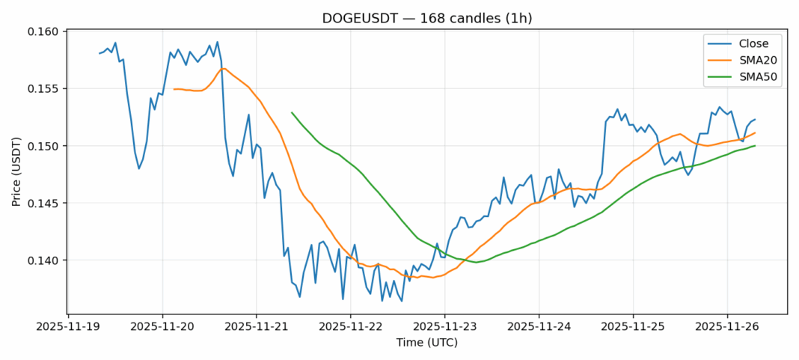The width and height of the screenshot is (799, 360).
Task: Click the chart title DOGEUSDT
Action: coord(426,18)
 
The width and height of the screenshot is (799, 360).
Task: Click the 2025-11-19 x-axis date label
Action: coord(67,326)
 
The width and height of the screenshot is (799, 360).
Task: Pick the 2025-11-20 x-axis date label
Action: coord(162,326)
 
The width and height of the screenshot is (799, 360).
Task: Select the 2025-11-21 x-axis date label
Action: coord(256,326)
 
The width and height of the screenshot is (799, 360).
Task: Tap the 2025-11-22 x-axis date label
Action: coord(350,326)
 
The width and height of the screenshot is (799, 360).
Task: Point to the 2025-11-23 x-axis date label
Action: coord(444,326)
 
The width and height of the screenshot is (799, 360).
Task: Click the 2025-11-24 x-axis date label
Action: coord(539,326)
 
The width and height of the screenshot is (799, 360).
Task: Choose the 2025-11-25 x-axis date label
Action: coord(633,326)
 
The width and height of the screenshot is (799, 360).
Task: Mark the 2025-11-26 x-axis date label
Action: coord(727,326)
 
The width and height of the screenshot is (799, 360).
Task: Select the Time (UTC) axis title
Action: coord(426,343)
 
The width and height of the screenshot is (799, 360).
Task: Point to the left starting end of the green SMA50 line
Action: coord(292,112)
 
